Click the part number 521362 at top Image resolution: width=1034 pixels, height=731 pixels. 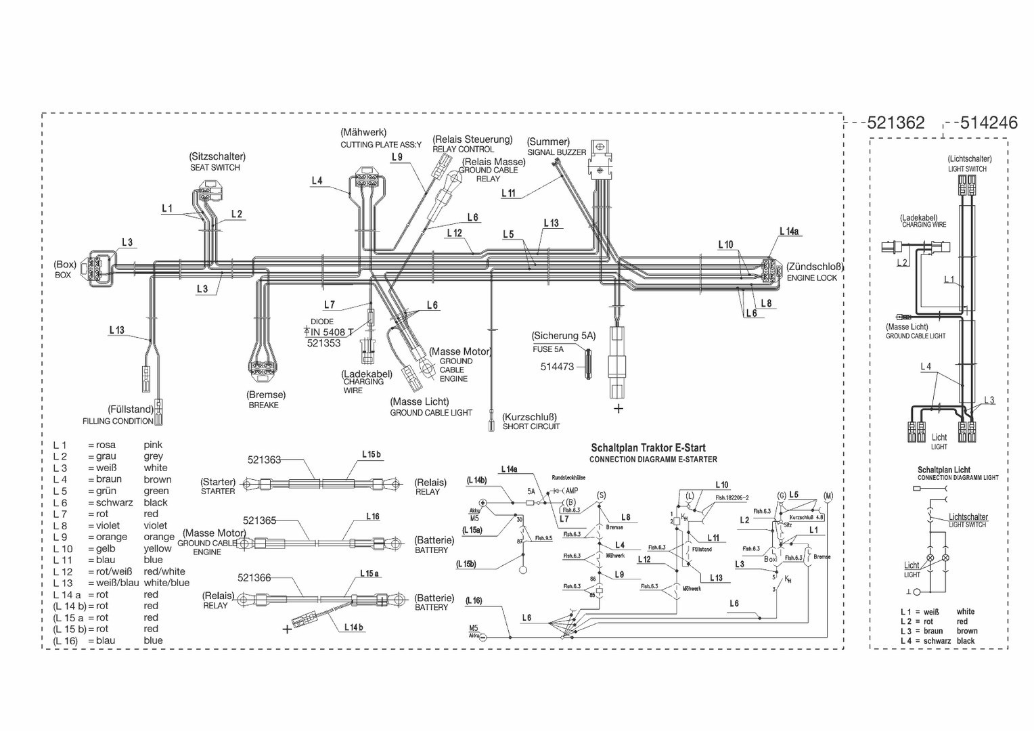(895, 123)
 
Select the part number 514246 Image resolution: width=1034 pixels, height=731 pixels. (989, 123)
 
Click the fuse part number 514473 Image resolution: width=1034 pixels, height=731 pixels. (557, 367)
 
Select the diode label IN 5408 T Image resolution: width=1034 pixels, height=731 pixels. (332, 332)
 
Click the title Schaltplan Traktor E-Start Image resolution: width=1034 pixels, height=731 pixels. (648, 448)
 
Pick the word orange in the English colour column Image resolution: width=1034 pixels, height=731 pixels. (159, 537)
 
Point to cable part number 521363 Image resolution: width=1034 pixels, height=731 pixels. (264, 460)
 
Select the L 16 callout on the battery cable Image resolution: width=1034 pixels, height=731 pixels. (373, 516)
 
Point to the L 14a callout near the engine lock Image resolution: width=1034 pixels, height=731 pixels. (789, 231)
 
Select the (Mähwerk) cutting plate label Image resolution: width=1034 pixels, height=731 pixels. (364, 132)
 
